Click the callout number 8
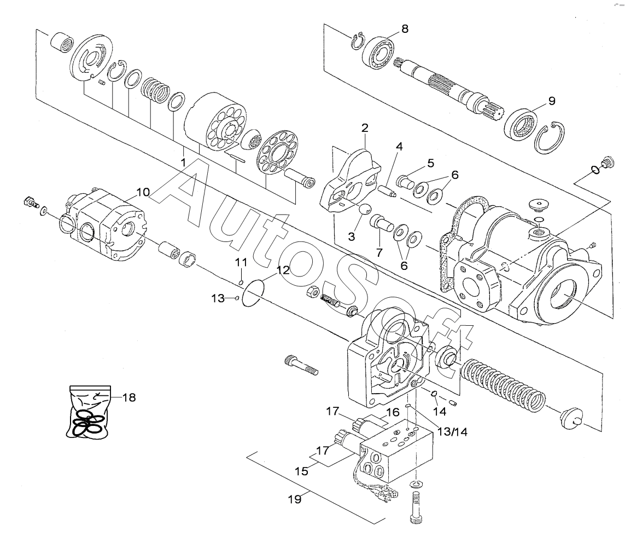[x=405, y=28]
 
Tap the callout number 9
[x=552, y=101]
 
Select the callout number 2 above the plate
[x=365, y=128]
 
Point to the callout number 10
[x=143, y=192]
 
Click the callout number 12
[x=283, y=270]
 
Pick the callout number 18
[x=129, y=397]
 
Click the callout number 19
[x=295, y=499]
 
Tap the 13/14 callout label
[x=452, y=431]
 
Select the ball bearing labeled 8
[x=379, y=52]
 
